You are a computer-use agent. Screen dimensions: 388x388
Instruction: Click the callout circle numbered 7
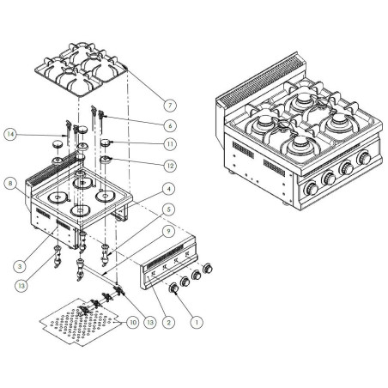pos(169,105)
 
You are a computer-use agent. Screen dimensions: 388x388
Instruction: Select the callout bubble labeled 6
pos(171,125)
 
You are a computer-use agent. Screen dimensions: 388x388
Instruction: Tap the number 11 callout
pos(171,143)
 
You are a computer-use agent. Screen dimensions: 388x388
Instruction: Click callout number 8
pos(9,182)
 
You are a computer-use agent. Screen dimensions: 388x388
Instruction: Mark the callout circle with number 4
pos(170,189)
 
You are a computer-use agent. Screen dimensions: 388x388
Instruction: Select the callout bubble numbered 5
pos(170,209)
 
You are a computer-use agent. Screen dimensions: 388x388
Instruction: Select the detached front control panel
pos(177,262)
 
